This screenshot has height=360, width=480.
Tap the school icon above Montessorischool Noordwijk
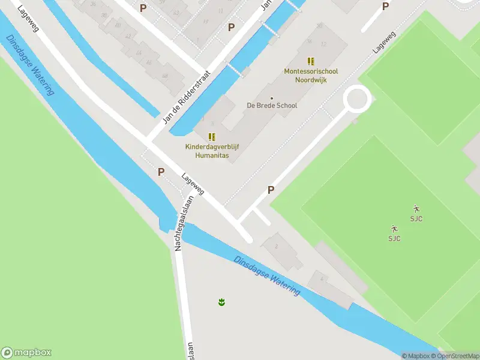tap(310, 61)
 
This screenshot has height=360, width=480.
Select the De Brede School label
tap(272, 106)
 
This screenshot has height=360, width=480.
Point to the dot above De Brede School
tap(272, 98)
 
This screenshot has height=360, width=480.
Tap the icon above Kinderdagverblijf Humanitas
tap(212, 137)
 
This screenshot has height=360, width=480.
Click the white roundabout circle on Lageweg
tap(356, 99)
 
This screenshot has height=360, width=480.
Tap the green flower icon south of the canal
tap(222, 301)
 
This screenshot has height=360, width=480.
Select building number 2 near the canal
tap(276, 246)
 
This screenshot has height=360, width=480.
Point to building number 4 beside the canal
tap(322, 279)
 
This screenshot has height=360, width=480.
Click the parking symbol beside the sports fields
tap(271, 190)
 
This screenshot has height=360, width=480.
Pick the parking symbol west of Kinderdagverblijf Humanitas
tap(161, 172)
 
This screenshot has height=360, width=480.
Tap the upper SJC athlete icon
tap(416, 209)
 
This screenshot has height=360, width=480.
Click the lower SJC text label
tap(394, 238)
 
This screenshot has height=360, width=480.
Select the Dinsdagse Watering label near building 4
tap(267, 276)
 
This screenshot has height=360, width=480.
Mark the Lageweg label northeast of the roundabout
tap(385, 43)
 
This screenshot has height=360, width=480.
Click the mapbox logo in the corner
tap(26, 353)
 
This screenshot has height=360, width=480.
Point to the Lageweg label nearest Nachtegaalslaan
tap(193, 184)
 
